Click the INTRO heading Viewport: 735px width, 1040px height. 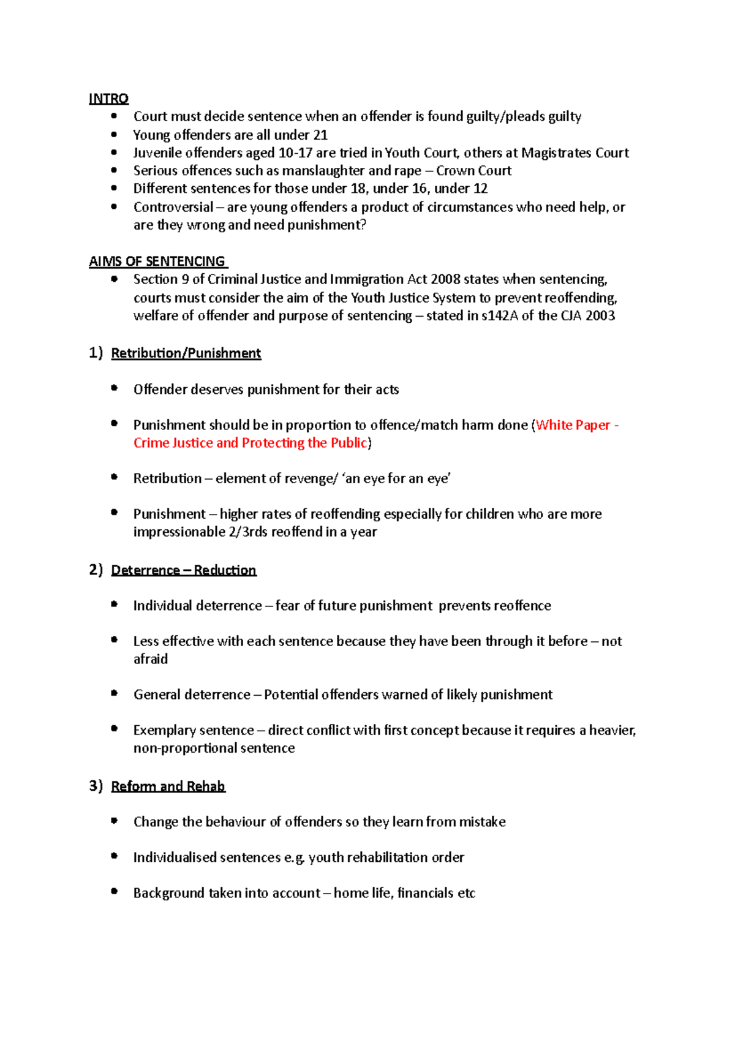[x=108, y=99]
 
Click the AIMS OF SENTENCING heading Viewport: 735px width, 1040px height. [x=157, y=262]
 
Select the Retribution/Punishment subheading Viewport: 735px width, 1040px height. [x=186, y=353]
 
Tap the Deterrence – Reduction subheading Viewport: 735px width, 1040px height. [x=183, y=570]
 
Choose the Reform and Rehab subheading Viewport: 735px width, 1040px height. [x=168, y=786]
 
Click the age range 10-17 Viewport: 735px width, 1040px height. [x=295, y=153]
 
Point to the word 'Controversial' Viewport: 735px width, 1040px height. [x=173, y=207]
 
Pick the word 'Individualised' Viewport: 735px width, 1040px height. [x=175, y=857]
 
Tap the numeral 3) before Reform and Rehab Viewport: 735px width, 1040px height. [x=96, y=786]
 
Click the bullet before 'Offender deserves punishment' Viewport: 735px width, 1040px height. [x=114, y=388]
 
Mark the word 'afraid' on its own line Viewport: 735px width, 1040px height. [x=151, y=659]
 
